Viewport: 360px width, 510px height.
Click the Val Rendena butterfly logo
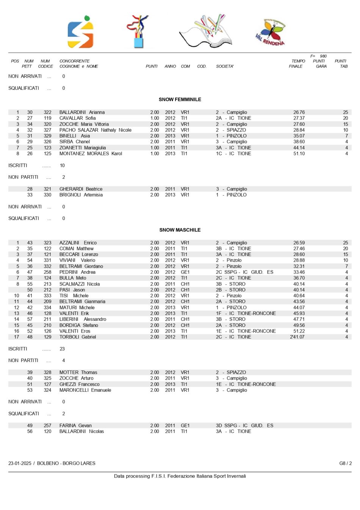[270, 32]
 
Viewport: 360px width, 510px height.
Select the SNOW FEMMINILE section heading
[180, 99]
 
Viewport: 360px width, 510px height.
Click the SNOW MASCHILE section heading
[180, 230]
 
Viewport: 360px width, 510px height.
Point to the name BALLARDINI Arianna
[82, 112]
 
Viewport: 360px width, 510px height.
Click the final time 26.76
[299, 112]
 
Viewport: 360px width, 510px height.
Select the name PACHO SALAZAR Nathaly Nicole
[95, 130]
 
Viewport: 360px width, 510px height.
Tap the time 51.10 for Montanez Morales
[299, 154]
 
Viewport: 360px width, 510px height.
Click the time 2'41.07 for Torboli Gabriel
[297, 337]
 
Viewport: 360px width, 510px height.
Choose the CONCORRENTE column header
[74, 61]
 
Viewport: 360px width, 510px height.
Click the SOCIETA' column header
[225, 66]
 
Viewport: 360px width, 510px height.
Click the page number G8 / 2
[345, 463]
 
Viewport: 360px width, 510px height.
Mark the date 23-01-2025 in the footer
[20, 463]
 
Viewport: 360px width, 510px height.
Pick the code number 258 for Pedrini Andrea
[47, 272]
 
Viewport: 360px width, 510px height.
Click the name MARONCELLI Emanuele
[85, 390]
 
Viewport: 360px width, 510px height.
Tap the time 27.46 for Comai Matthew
[299, 249]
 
